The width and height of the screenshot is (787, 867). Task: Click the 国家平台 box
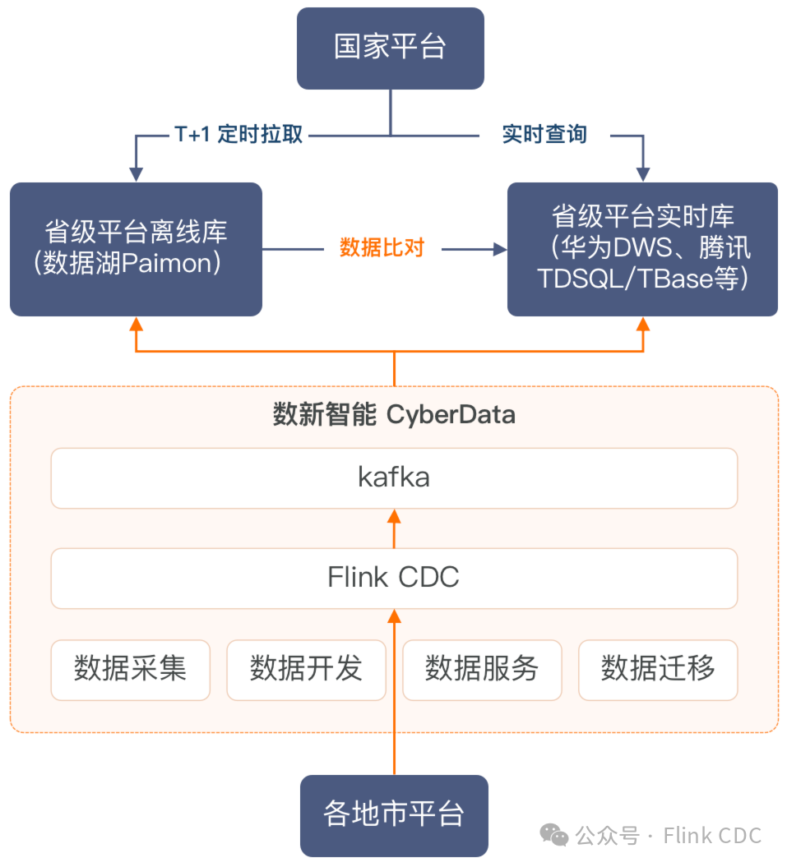click(x=390, y=48)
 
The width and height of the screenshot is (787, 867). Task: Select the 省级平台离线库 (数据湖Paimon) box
click(x=136, y=248)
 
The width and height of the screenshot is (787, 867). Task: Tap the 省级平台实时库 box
click(x=642, y=248)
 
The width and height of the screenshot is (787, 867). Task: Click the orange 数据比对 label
click(x=382, y=247)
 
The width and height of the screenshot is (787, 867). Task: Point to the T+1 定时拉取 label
click(x=239, y=135)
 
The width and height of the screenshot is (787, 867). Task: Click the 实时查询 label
click(x=544, y=135)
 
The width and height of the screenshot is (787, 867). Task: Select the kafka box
click(x=394, y=477)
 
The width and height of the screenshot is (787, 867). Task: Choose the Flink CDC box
click(x=394, y=578)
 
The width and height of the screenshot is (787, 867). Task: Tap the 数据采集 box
click(x=130, y=670)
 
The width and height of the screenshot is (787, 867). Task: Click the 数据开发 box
click(x=306, y=670)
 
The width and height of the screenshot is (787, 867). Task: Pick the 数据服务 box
click(x=482, y=670)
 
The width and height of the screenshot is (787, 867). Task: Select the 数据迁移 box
click(x=658, y=670)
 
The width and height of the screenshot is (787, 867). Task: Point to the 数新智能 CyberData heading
click(x=394, y=415)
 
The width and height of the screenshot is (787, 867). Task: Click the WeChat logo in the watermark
click(x=553, y=836)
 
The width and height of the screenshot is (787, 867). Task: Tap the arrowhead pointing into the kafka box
click(x=394, y=517)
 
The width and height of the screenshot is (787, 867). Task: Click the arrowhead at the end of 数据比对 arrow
click(x=500, y=248)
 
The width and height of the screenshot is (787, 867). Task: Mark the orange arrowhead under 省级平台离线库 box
click(x=137, y=324)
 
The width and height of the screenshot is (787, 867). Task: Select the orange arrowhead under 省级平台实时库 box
click(x=643, y=324)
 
